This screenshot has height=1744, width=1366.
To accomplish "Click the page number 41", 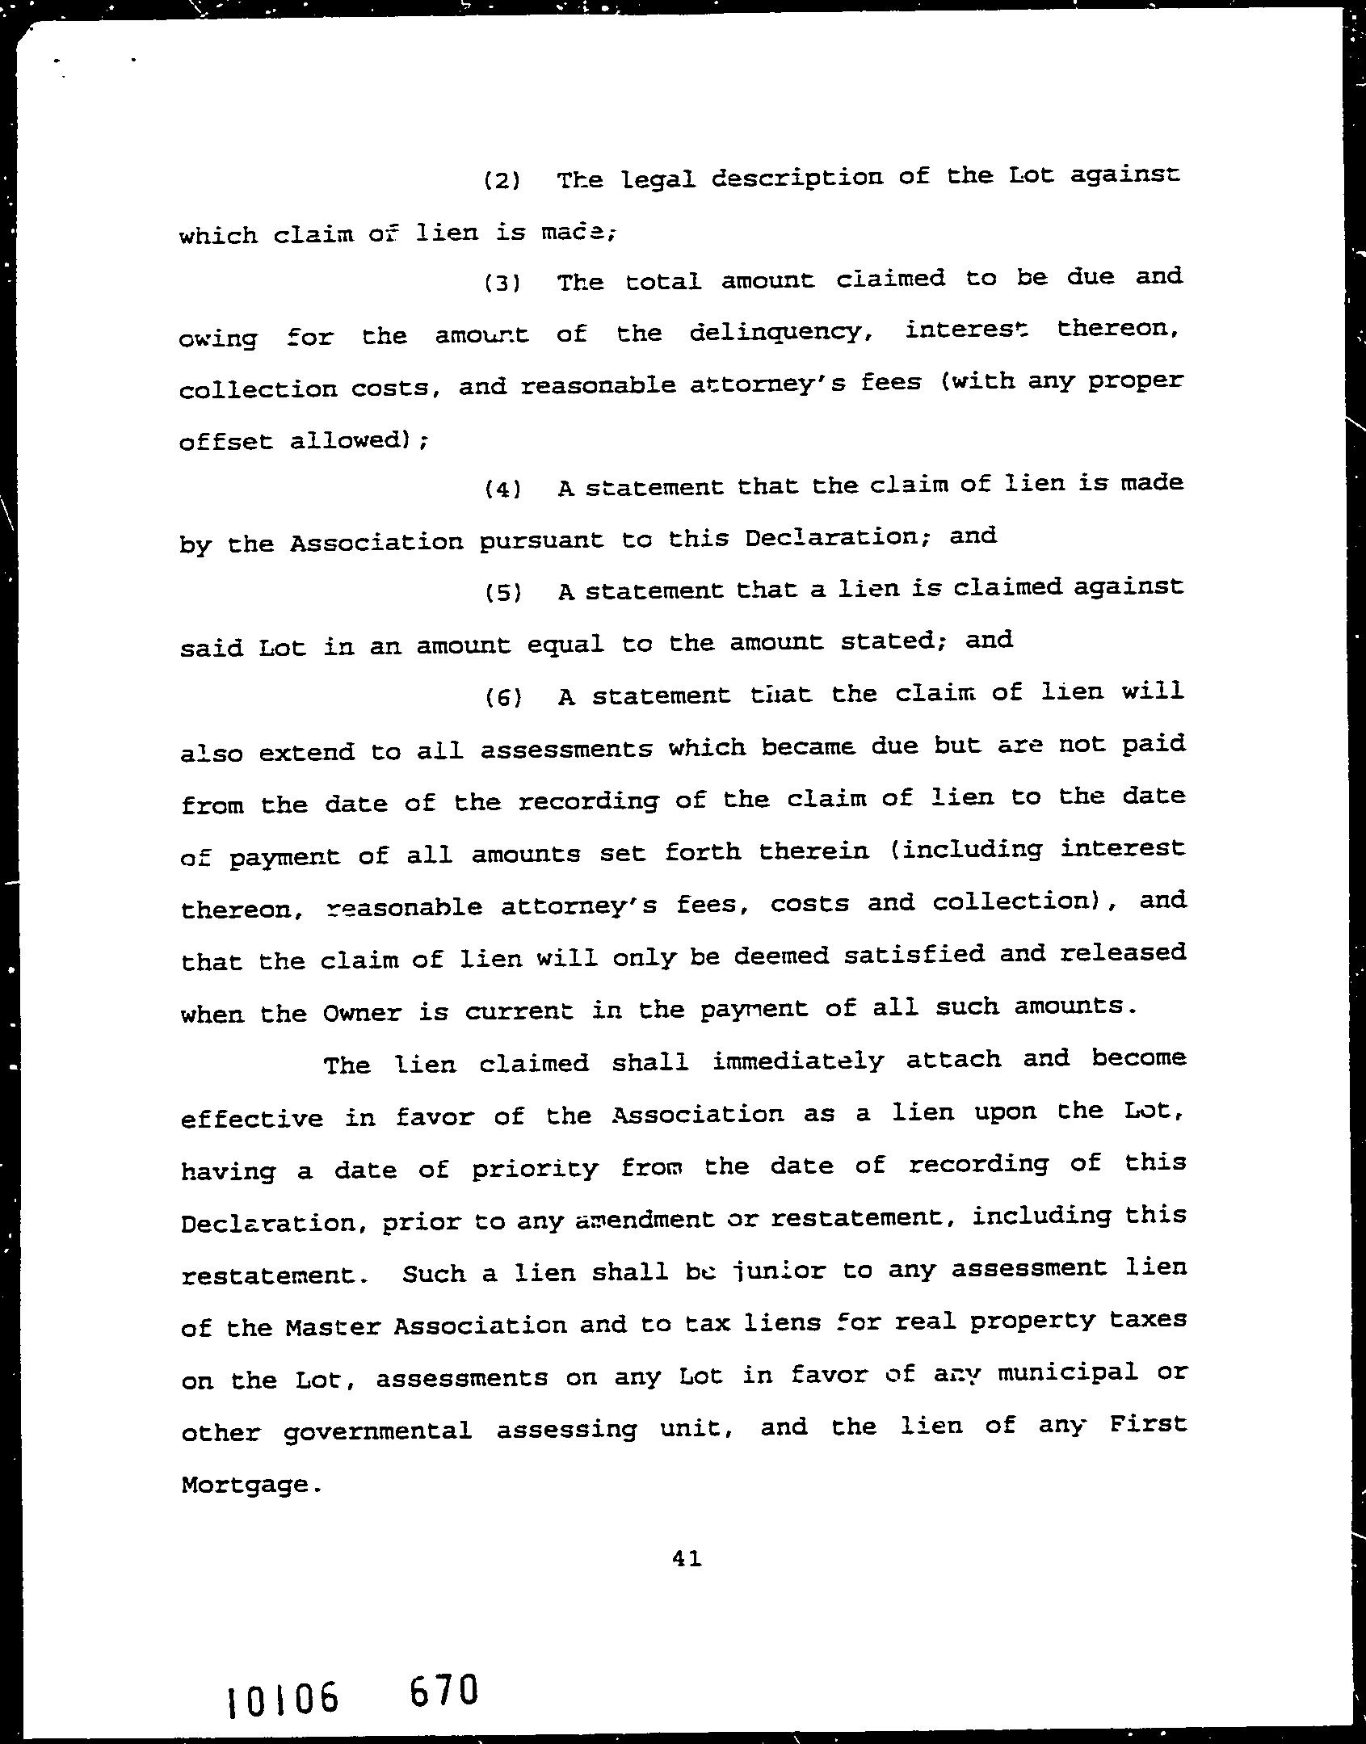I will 686,1558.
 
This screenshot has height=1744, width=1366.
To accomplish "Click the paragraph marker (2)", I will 501,180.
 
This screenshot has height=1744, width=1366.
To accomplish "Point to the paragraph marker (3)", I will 501,284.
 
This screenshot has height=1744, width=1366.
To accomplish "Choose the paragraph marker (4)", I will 502,490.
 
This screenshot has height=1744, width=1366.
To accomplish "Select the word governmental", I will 378,1432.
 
